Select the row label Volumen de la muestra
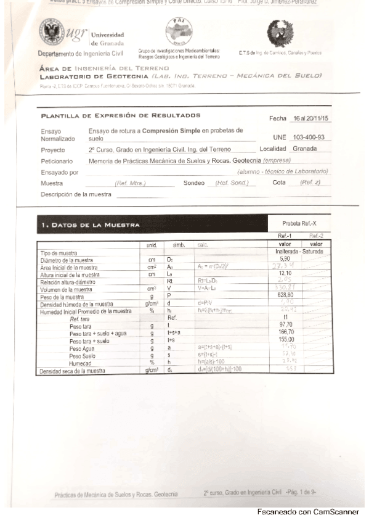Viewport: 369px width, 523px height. point(70,288)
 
